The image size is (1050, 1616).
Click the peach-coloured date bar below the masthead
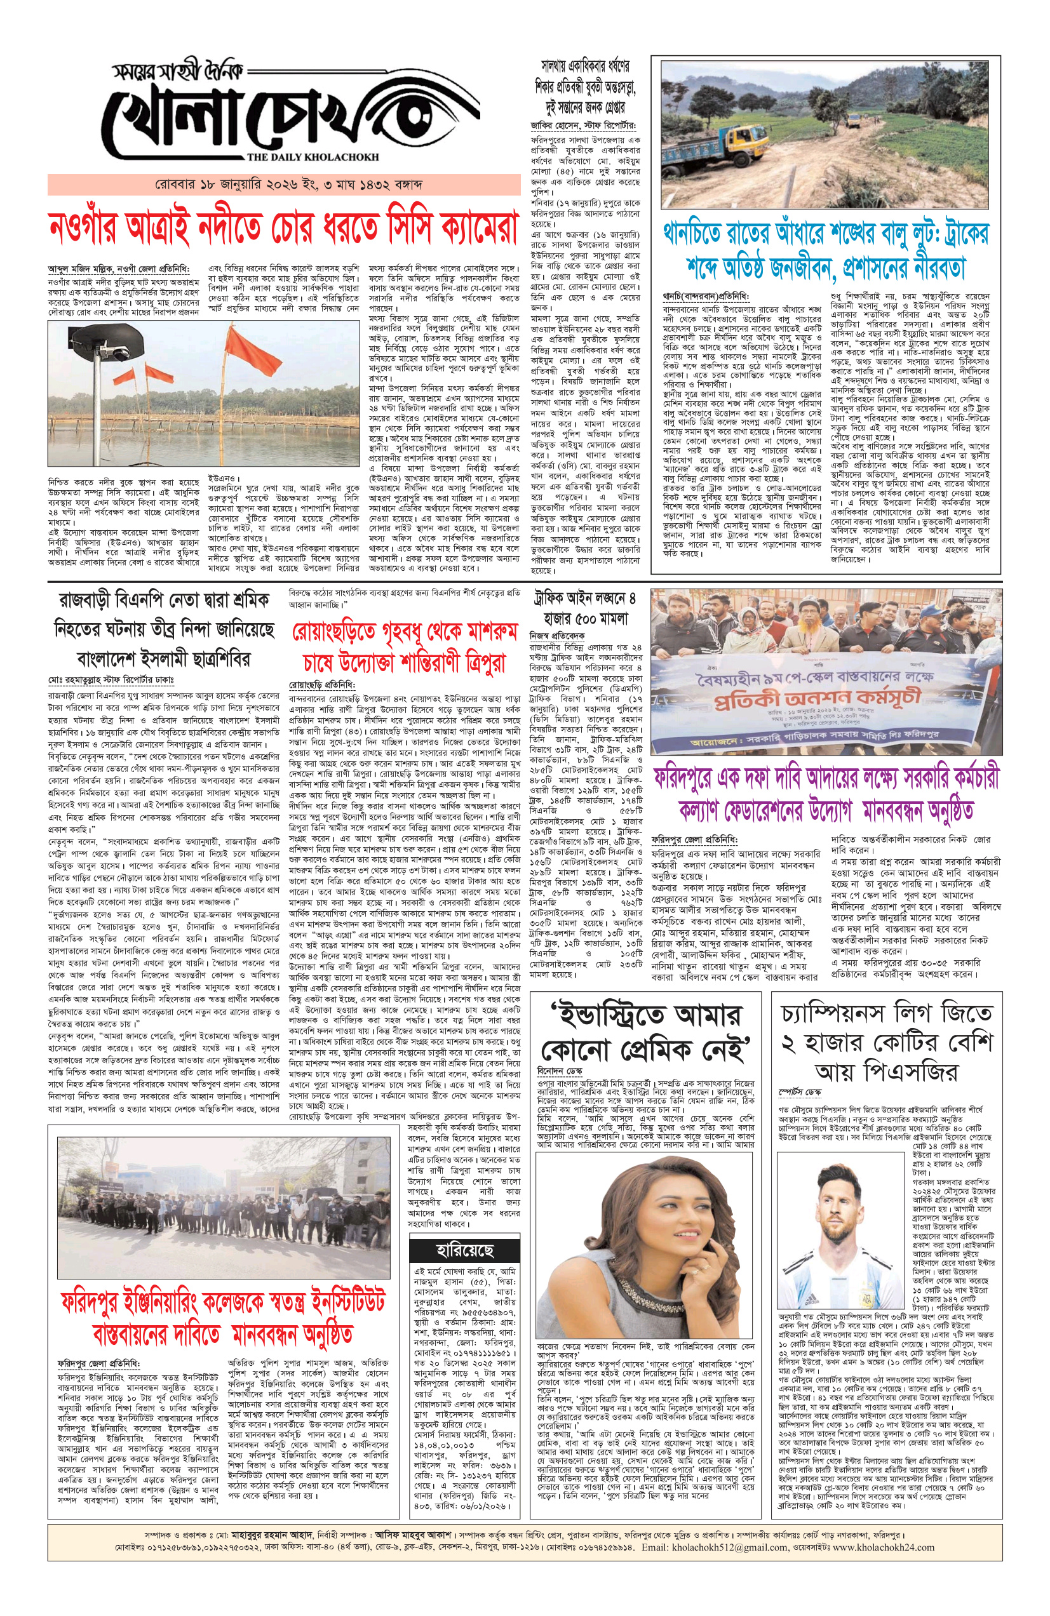pyautogui.click(x=283, y=184)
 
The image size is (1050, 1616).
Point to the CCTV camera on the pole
pyautogui.click(x=111, y=346)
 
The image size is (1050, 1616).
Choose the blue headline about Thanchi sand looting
pyautogui.click(x=826, y=251)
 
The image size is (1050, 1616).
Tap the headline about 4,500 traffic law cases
pyautogui.click(x=585, y=608)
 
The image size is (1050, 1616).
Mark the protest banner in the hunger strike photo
pyautogui.click(x=825, y=704)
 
